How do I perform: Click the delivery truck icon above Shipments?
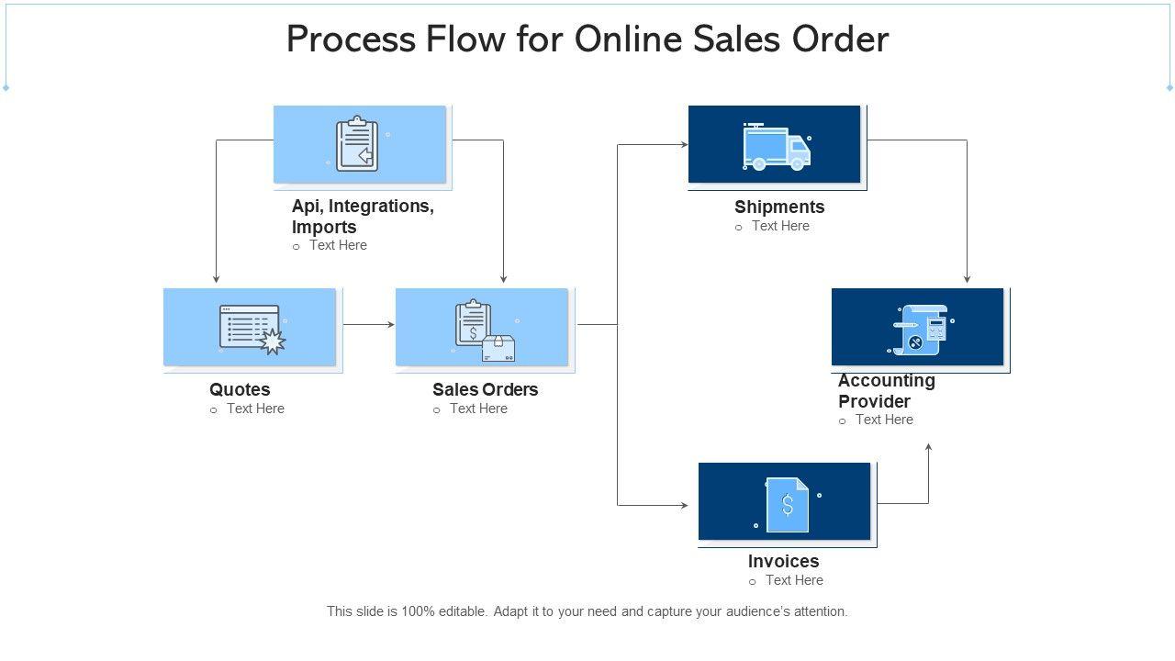pyautogui.click(x=776, y=147)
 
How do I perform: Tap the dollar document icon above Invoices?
pyautogui.click(x=788, y=504)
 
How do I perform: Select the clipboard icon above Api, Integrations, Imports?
pyautogui.click(x=357, y=144)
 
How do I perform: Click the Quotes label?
pyautogui.click(x=240, y=389)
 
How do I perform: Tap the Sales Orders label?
pyautogui.click(x=485, y=389)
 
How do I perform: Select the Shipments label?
pyautogui.click(x=779, y=207)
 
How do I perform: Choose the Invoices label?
pyautogui.click(x=783, y=561)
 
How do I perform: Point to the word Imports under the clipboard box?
pyautogui.click(x=324, y=227)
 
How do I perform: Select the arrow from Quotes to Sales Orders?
pyautogui.click(x=368, y=324)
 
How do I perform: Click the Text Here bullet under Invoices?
pyautogui.click(x=794, y=580)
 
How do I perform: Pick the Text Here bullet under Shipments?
pyautogui.click(x=780, y=226)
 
